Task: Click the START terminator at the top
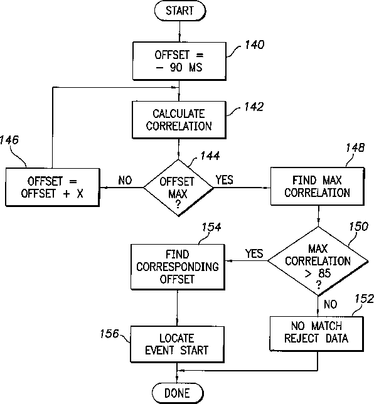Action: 180,11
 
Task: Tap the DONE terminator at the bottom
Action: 178,393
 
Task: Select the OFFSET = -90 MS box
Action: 179,61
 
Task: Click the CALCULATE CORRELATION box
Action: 179,120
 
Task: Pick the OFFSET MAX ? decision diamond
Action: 178,188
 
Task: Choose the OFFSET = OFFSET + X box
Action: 53,188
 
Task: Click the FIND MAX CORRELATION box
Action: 318,186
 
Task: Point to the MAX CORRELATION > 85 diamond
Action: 318,261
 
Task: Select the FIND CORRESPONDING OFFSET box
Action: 178,267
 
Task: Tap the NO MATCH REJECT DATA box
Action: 317,334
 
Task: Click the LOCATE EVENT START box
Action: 178,344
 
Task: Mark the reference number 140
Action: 255,45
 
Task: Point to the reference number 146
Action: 9,140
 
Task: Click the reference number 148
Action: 355,147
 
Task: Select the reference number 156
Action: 110,334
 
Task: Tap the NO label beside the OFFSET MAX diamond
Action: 125,181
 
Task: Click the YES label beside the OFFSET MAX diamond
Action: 225,180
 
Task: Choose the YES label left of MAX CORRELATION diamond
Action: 254,253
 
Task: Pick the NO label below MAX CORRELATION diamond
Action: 331,304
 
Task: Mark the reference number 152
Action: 364,299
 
